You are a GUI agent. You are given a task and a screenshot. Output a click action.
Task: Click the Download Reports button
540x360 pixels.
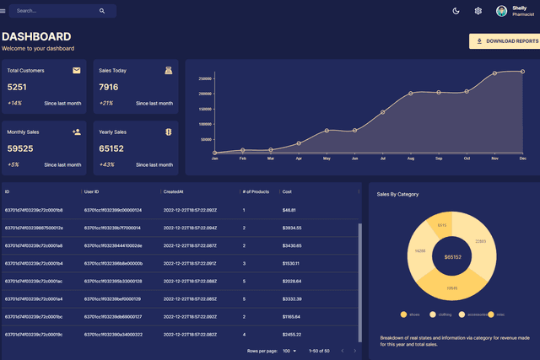pyautogui.click(x=504, y=40)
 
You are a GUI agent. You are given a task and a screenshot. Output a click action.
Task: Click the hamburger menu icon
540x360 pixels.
pyautogui.click(x=3, y=11)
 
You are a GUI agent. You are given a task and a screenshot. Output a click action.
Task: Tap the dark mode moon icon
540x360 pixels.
pyautogui.click(x=456, y=11)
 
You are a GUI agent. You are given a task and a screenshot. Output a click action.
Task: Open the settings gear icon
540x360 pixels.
pyautogui.click(x=478, y=11)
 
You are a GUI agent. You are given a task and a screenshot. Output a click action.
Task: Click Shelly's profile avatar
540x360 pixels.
pyautogui.click(x=502, y=11)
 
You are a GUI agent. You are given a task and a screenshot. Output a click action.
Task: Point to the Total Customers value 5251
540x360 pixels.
pyautogui.click(x=17, y=87)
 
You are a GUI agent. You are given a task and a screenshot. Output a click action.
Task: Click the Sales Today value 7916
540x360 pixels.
pyautogui.click(x=108, y=87)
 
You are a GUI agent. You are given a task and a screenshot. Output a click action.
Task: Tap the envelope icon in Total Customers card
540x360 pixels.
pyautogui.click(x=77, y=71)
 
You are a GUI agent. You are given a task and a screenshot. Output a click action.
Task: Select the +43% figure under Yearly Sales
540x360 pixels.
pyautogui.click(x=106, y=164)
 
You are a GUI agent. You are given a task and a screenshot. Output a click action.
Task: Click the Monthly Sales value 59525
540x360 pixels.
pyautogui.click(x=20, y=148)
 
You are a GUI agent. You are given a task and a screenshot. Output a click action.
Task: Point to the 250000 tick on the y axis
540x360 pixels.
pyautogui.click(x=205, y=78)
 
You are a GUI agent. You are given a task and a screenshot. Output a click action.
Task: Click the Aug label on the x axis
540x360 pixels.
pyautogui.click(x=411, y=159)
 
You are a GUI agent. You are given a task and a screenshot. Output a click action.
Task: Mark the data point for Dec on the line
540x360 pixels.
pyautogui.click(x=522, y=72)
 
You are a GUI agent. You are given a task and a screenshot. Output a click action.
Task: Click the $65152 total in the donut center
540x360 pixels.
pyautogui.click(x=452, y=256)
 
